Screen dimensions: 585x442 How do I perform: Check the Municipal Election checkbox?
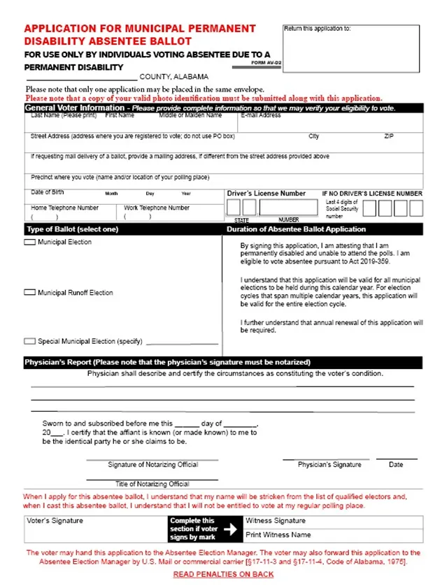point(29,243)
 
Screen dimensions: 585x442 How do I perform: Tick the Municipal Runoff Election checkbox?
point(29,293)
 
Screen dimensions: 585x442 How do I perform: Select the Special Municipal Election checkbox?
point(29,342)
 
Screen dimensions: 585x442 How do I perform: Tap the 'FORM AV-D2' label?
point(266,64)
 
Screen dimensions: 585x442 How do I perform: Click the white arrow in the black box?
point(229,529)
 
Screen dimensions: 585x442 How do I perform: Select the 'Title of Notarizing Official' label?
point(152,484)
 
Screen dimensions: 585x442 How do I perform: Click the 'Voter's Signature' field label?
point(55,521)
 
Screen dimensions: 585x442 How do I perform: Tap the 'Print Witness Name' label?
point(278,535)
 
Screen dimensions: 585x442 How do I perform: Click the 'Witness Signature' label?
point(275,521)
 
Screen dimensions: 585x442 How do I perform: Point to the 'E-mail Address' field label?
point(261,115)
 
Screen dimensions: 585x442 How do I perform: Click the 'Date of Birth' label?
point(48,192)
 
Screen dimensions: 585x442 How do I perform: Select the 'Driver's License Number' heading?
point(266,194)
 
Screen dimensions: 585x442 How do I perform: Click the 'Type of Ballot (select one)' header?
point(72,229)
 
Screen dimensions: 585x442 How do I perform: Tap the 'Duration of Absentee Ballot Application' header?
point(296,229)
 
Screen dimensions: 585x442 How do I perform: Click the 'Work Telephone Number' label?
point(157,208)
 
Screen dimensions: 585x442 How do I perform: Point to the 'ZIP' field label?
point(389,136)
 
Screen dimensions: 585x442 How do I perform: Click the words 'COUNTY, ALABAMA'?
point(173,77)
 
